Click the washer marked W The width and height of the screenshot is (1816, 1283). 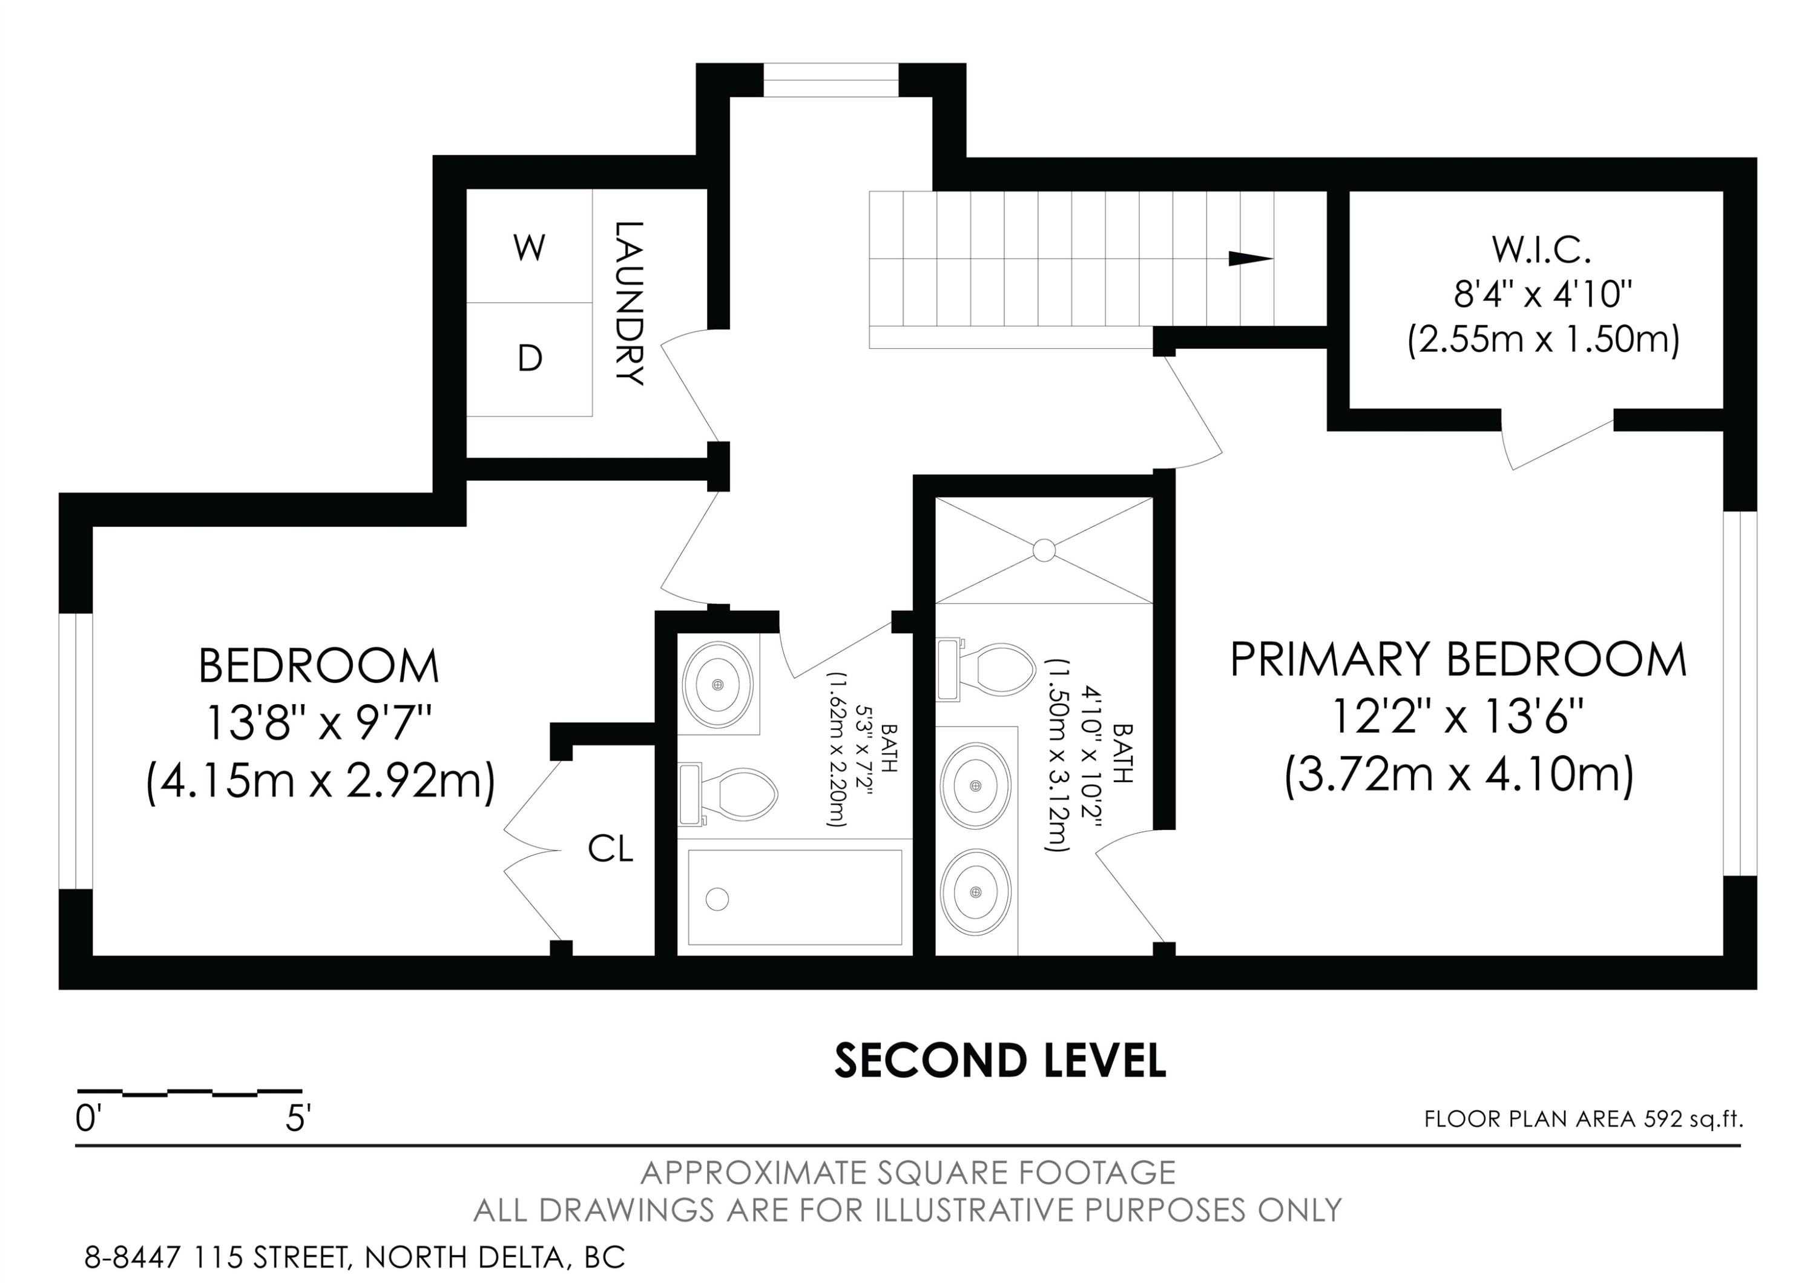pos(529,248)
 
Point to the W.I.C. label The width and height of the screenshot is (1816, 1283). pos(1542,250)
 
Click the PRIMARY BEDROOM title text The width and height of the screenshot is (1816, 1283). pos(1458,660)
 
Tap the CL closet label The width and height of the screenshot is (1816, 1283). pos(611,849)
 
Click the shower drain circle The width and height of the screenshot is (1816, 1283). pos(1044,550)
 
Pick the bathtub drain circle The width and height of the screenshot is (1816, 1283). pos(717,899)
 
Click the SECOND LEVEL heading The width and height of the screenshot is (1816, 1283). pos(1001,1061)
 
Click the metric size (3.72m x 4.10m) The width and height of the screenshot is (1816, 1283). pos(1458,775)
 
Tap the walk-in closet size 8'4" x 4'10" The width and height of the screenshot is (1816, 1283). pos(1543,295)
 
